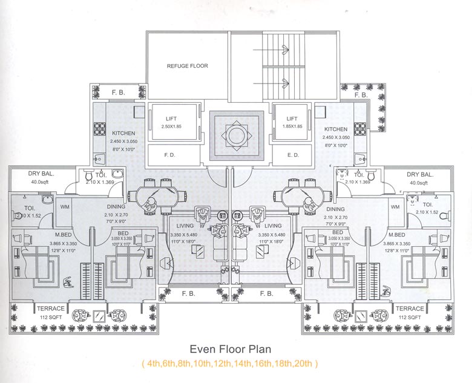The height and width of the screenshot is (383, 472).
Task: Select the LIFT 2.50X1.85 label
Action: click(171, 123)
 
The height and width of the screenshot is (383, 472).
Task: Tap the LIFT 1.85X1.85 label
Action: click(292, 123)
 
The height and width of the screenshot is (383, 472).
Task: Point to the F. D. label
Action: click(170, 155)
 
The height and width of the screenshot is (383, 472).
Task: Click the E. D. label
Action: click(293, 155)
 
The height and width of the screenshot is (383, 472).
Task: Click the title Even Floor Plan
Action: click(230, 349)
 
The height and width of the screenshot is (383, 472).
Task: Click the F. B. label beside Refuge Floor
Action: click(119, 93)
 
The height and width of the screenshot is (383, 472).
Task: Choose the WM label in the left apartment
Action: click(65, 207)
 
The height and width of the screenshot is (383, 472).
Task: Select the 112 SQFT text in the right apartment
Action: click(410, 316)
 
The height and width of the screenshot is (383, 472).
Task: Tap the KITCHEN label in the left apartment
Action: click(123, 133)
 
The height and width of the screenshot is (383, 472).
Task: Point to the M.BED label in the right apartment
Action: click(397, 235)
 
